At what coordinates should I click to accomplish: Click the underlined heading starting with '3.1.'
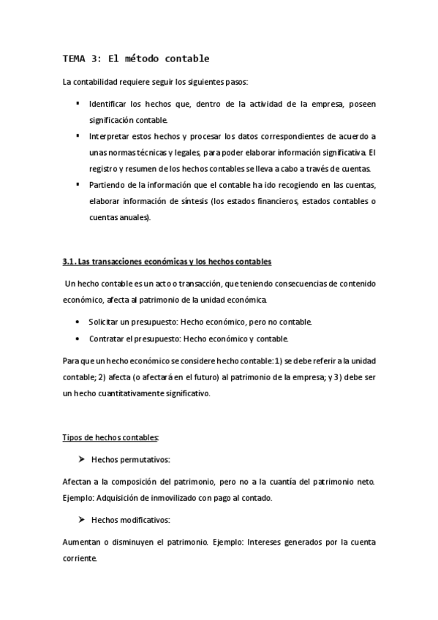(x=167, y=262)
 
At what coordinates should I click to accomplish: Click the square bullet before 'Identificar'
(x=78, y=103)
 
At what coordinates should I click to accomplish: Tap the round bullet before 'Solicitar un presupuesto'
(x=78, y=322)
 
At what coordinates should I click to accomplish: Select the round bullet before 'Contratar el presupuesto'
(x=78, y=339)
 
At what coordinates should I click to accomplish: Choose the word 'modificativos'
(x=146, y=521)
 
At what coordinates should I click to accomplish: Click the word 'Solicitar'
(x=105, y=322)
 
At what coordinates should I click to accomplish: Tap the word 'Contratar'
(x=107, y=339)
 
